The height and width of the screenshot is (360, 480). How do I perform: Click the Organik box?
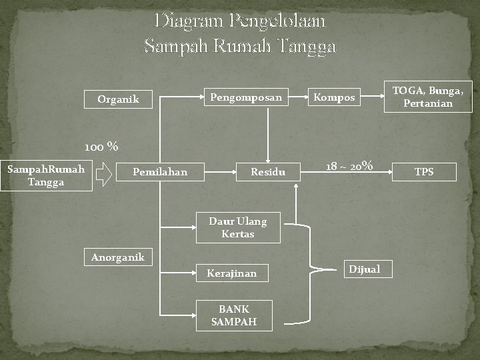[118, 100]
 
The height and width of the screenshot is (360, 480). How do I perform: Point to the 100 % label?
[101, 146]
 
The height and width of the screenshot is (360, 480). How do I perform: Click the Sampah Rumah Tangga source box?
[46, 175]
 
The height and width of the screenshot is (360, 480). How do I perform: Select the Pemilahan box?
[160, 173]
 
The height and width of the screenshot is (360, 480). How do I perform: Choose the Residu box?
[268, 173]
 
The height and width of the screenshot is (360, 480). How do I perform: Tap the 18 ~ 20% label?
[349, 166]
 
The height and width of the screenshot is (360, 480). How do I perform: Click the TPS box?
[424, 172]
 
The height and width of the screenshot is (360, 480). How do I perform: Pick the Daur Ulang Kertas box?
[237, 227]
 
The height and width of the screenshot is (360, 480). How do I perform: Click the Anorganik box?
[118, 257]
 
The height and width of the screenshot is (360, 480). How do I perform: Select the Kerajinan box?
[231, 273]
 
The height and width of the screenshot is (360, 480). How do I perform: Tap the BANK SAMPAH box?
[233, 315]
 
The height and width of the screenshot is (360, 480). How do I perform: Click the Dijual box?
[365, 269]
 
